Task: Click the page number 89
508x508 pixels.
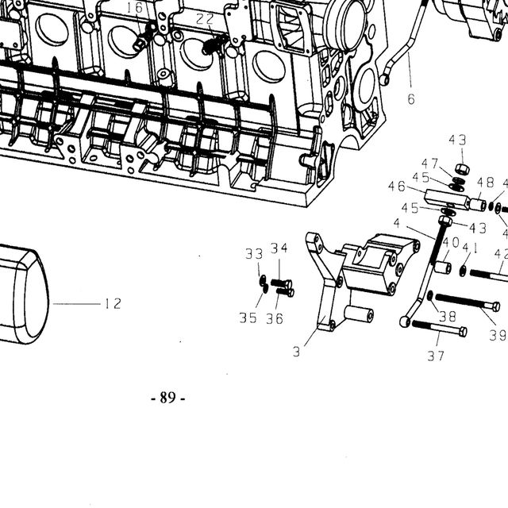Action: click(167, 398)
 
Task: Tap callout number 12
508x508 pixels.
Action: click(113, 304)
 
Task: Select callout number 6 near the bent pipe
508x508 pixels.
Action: click(411, 99)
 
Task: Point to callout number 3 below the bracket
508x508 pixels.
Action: click(296, 352)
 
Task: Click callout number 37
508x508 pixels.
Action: click(436, 356)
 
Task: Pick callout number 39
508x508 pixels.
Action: click(498, 336)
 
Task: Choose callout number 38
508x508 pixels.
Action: click(448, 316)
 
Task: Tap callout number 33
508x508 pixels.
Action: click(254, 254)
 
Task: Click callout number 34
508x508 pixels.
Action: click(279, 248)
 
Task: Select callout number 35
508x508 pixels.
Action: click(248, 318)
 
